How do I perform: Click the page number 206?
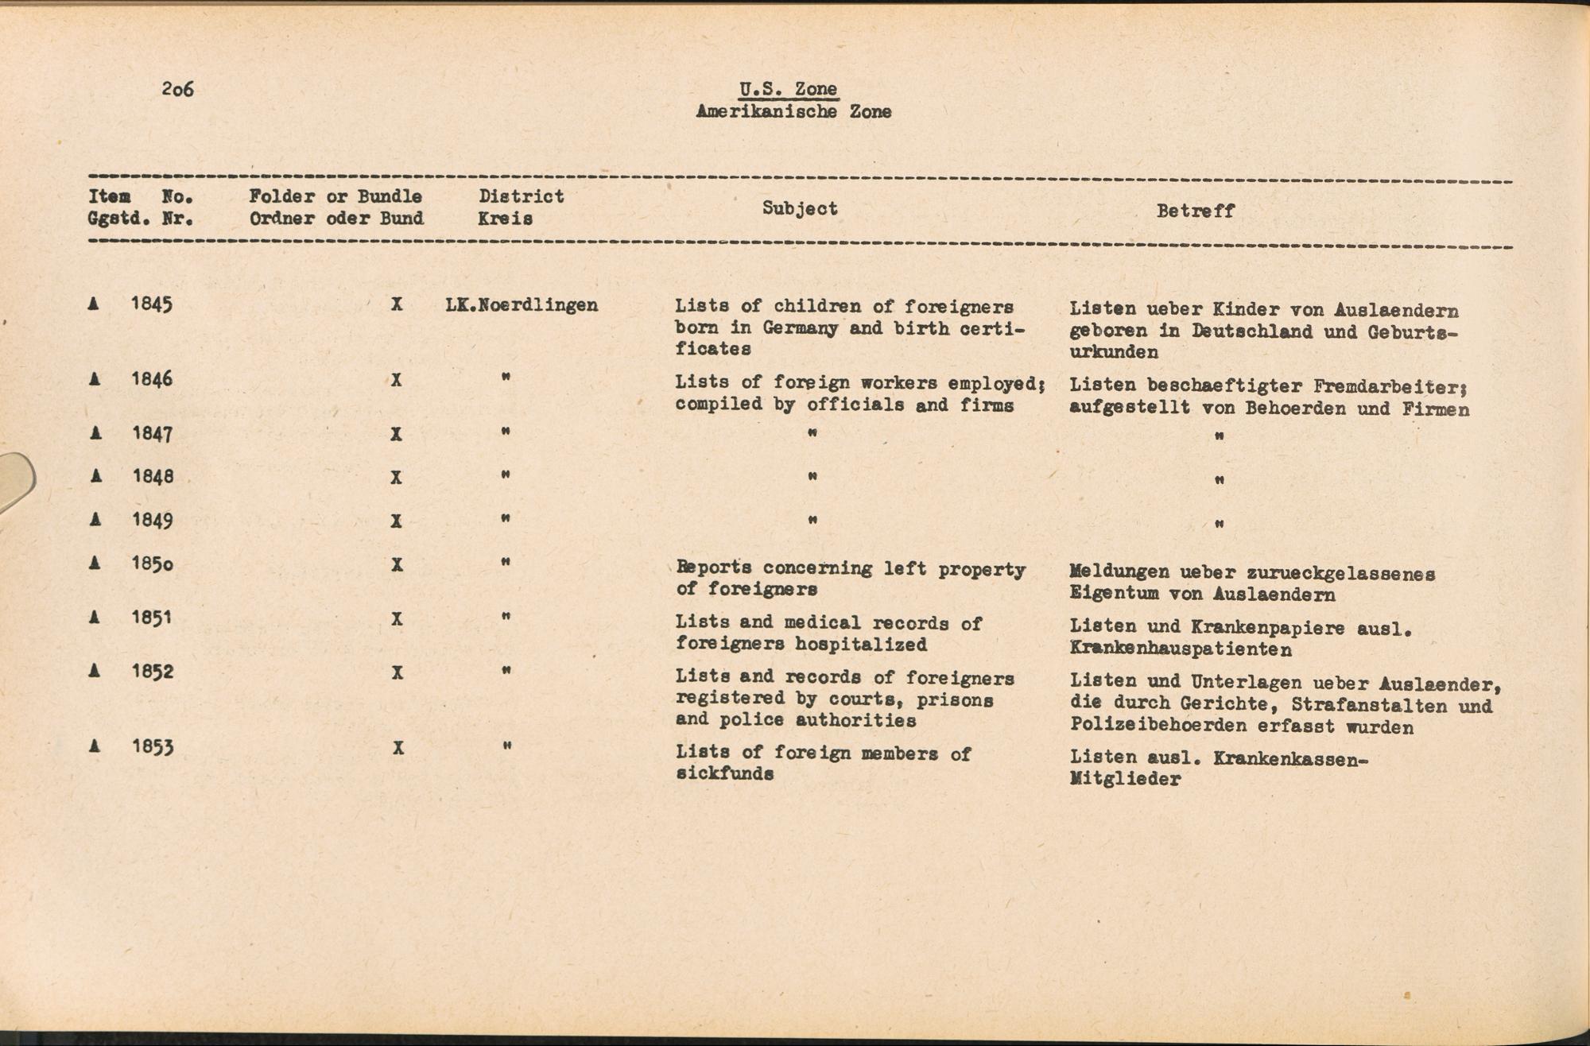pyautogui.click(x=177, y=89)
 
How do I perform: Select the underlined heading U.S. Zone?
pyautogui.click(x=788, y=90)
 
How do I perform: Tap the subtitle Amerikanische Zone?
pyautogui.click(x=793, y=112)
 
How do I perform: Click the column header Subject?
pyautogui.click(x=800, y=208)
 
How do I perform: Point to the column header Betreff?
pyautogui.click(x=1195, y=211)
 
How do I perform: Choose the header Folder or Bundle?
pyautogui.click(x=335, y=196)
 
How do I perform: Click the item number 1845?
pyautogui.click(x=152, y=304)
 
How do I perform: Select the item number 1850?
pyautogui.click(x=152, y=564)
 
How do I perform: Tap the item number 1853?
pyautogui.click(x=152, y=747)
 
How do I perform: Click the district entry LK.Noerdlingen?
pyautogui.click(x=522, y=305)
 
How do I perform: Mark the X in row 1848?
pyautogui.click(x=397, y=478)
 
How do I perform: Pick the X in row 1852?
pyautogui.click(x=397, y=673)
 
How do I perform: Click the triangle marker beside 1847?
pyautogui.click(x=95, y=434)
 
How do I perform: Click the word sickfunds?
pyautogui.click(x=724, y=773)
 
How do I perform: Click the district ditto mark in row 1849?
pyautogui.click(x=505, y=520)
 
